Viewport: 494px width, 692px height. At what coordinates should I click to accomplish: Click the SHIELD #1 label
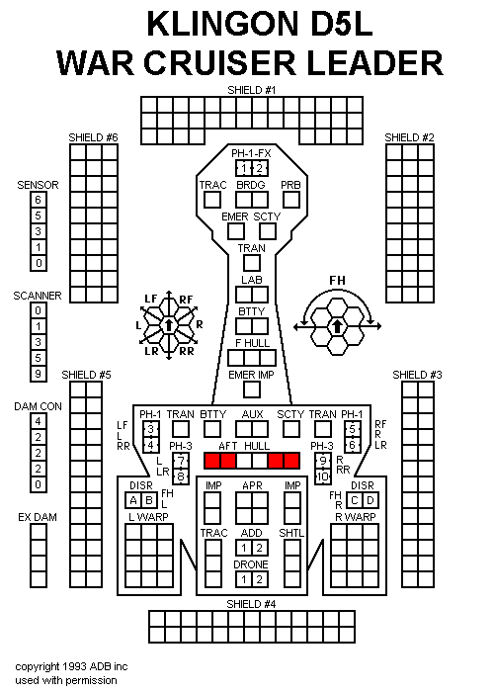tap(251, 90)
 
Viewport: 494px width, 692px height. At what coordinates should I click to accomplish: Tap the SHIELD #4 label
tap(251, 604)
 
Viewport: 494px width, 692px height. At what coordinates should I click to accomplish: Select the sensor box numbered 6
tap(39, 200)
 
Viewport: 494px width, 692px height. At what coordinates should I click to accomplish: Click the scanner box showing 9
tap(39, 374)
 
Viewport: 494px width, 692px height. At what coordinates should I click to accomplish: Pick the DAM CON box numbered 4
tap(39, 421)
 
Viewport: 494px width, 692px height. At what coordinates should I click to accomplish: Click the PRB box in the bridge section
tap(291, 200)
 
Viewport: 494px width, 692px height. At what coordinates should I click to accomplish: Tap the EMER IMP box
tap(252, 389)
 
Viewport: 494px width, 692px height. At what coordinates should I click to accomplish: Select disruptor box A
tap(133, 500)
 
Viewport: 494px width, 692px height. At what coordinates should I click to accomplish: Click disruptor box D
tap(370, 500)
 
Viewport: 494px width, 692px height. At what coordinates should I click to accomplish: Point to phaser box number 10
tap(323, 476)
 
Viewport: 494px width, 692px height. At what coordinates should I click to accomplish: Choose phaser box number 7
tap(181, 461)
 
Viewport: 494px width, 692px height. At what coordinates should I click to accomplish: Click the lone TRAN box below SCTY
tap(252, 264)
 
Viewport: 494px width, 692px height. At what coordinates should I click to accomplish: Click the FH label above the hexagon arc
tap(338, 280)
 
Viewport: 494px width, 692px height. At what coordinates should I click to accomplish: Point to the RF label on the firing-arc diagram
tap(186, 300)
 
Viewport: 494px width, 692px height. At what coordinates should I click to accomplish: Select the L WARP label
tap(148, 517)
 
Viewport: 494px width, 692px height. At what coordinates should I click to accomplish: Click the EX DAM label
tap(38, 517)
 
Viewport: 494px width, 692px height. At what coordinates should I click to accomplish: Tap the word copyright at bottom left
tap(38, 666)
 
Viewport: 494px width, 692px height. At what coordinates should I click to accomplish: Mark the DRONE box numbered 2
tap(260, 579)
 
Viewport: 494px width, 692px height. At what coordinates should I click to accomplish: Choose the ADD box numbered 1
tap(244, 548)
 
